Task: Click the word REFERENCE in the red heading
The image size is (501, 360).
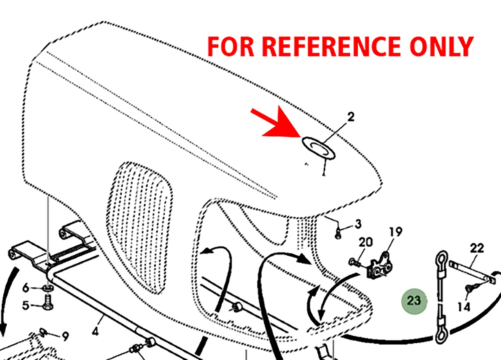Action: click(x=331, y=46)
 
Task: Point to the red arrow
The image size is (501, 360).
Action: click(x=276, y=123)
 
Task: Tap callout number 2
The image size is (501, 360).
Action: click(x=351, y=117)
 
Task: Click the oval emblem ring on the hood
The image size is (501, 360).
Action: click(x=319, y=148)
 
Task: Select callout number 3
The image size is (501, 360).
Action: click(x=358, y=224)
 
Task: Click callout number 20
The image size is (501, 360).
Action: click(x=366, y=242)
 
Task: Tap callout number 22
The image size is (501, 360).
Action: click(x=477, y=248)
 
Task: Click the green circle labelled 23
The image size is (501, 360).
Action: click(x=414, y=302)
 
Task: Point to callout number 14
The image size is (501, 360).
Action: click(x=464, y=307)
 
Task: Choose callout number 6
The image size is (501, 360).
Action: click(x=26, y=288)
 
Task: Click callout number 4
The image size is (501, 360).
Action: click(x=95, y=332)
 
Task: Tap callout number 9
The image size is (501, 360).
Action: click(x=65, y=336)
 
